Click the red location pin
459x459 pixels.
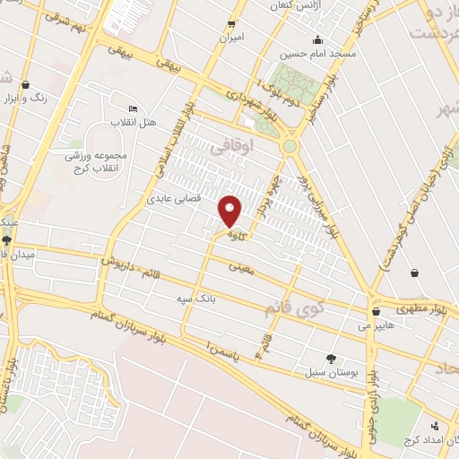(x=230, y=212)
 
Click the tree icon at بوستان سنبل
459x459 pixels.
(x=331, y=358)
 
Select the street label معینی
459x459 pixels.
(x=242, y=266)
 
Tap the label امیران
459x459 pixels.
(x=232, y=39)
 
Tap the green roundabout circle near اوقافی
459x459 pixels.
(x=290, y=146)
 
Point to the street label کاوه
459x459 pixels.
(x=237, y=236)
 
